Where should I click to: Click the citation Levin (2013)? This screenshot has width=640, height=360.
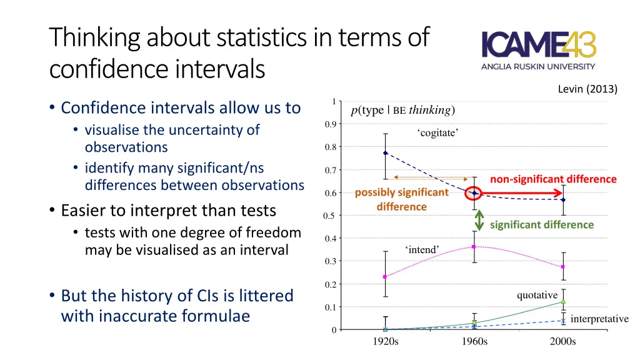point(587,89)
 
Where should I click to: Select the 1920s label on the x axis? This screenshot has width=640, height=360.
point(385,341)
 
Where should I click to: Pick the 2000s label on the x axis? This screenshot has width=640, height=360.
point(562,341)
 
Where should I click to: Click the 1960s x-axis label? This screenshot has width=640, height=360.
point(474,341)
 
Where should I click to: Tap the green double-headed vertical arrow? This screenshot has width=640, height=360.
point(479,219)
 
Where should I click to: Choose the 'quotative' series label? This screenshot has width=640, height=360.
point(537,295)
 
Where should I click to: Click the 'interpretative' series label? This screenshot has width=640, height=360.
point(599,319)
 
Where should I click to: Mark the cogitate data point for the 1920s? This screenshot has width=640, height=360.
point(386,152)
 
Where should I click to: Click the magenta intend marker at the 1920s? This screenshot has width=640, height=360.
point(386,276)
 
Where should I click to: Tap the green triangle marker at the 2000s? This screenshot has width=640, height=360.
point(563,302)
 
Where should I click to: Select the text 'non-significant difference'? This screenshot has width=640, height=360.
point(553,179)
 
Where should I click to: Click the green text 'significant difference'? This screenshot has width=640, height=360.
point(542,224)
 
